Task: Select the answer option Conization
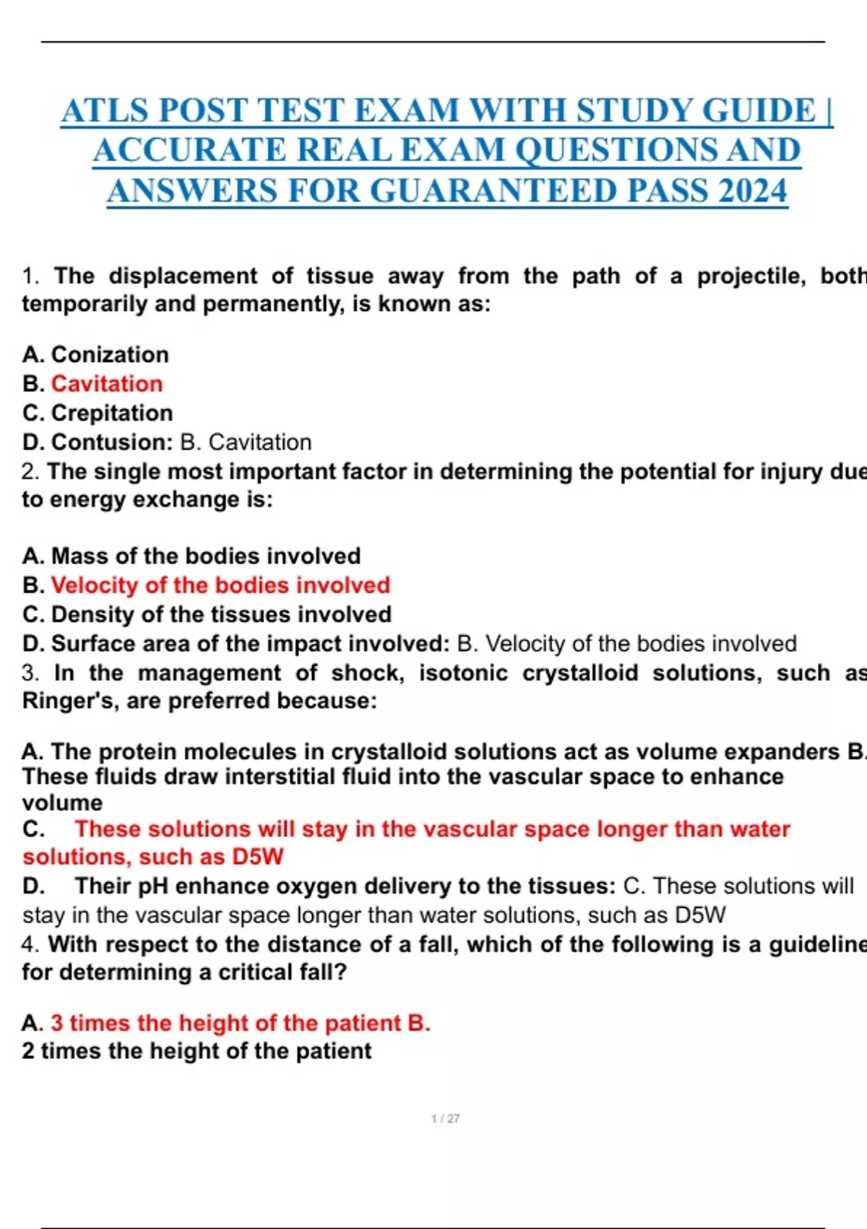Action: [110, 355]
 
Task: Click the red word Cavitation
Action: [107, 384]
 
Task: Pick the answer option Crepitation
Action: [112, 413]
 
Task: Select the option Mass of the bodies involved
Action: [206, 556]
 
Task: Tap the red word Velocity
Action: [95, 585]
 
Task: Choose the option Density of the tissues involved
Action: [221, 614]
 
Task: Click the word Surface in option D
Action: [92, 643]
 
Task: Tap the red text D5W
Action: [258, 857]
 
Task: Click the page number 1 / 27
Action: [445, 1118]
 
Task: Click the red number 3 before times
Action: [57, 1023]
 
